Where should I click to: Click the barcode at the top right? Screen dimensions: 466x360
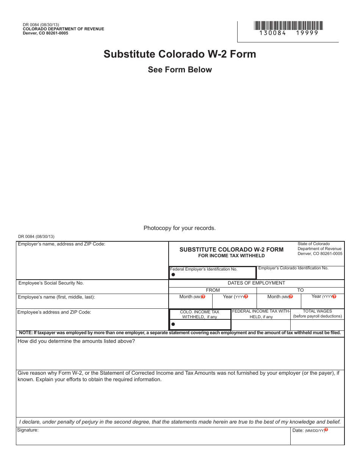[x=288, y=26]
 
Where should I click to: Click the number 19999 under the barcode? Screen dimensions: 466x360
[x=307, y=33]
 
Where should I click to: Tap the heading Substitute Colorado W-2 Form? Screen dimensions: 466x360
[x=180, y=54]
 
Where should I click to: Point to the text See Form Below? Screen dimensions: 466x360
[x=180, y=70]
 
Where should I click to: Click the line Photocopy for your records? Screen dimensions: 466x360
[x=180, y=228]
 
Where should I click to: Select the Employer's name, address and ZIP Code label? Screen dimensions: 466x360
[x=61, y=244]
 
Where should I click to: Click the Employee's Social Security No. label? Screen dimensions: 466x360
[x=51, y=283]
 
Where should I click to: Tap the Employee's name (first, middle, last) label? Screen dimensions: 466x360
[x=56, y=297]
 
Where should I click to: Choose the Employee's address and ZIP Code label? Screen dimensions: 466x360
[x=54, y=312]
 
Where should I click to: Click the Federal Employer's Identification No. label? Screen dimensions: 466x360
[x=203, y=269]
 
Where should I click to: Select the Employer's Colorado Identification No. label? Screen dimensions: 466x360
[x=293, y=268]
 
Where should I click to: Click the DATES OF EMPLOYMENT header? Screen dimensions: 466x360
[x=256, y=283]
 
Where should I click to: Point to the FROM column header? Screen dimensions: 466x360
[x=213, y=290]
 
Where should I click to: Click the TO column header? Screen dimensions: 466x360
[x=301, y=290]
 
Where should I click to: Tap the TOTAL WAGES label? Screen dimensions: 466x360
[x=317, y=311]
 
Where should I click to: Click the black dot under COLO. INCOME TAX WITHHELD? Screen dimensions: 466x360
[x=173, y=324]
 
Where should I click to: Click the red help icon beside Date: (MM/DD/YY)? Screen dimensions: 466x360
[x=326, y=430]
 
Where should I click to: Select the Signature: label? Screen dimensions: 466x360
[x=28, y=430]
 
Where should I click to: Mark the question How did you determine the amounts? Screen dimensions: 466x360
[x=76, y=341]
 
